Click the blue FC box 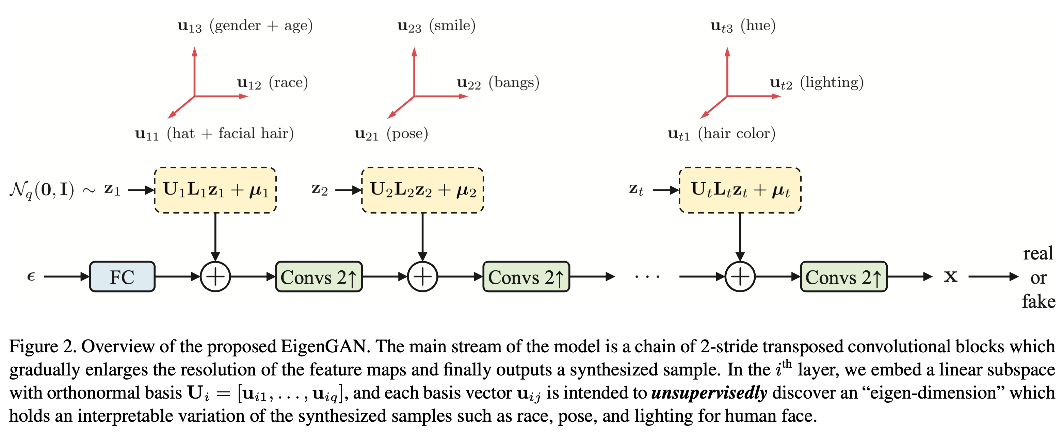coord(122,276)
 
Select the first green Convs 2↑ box coord(319,276)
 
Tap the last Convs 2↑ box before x coord(843,276)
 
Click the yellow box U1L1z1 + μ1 coord(215,190)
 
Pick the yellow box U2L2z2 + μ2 coord(422,190)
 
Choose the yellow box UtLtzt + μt coord(740,190)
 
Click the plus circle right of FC coord(215,276)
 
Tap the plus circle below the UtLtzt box coord(740,276)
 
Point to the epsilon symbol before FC coord(31,276)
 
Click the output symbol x coord(951,276)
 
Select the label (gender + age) coord(261,26)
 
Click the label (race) coord(289,82)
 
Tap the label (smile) coord(452,26)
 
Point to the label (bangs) coord(514,82)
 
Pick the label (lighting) coord(832,82)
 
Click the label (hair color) coord(737,134)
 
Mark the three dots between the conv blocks coord(647,276)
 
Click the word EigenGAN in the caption coord(324,347)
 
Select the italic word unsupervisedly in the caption coord(709,393)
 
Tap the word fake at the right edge coord(1038,302)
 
